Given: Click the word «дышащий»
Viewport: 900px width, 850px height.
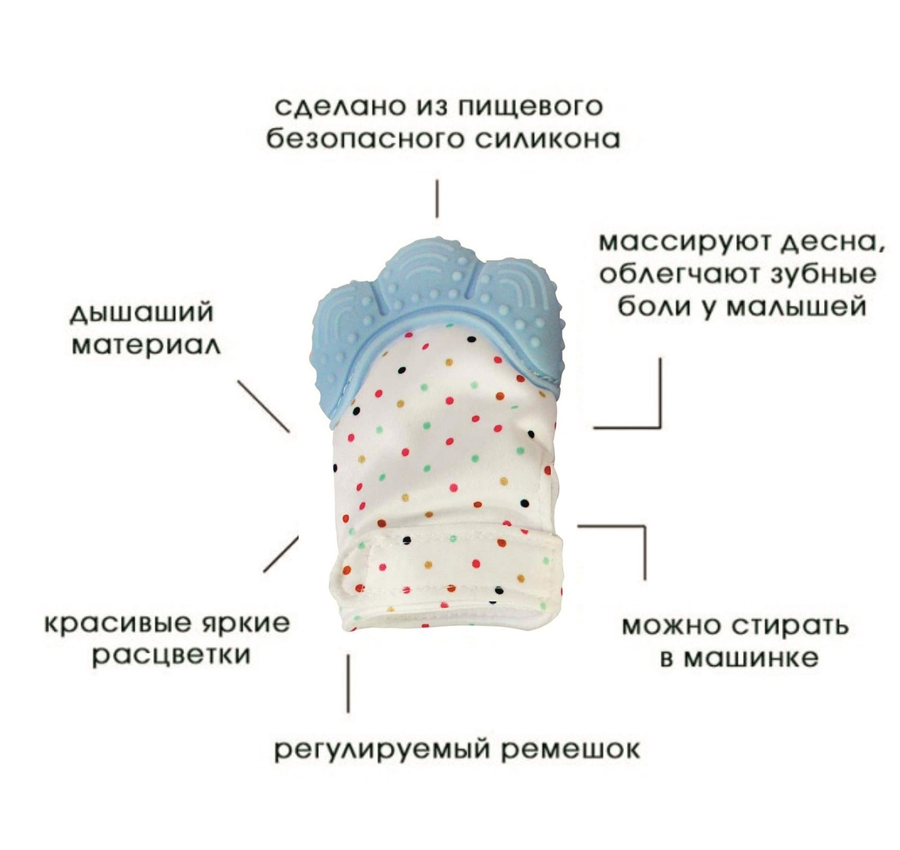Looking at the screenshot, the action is (142, 314).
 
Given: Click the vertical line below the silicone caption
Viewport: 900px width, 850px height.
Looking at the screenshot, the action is (437, 199).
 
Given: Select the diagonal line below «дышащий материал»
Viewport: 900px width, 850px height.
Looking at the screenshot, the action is (264, 406).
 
